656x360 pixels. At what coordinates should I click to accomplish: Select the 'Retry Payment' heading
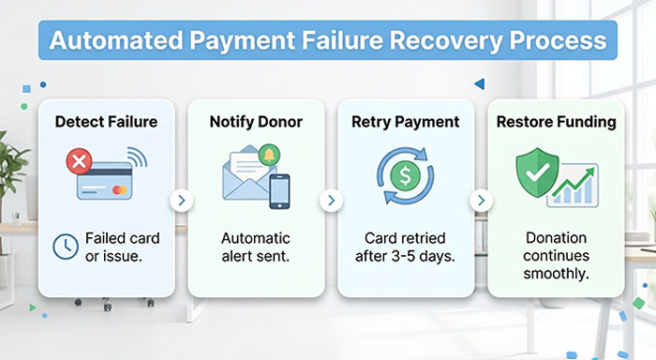[x=405, y=122]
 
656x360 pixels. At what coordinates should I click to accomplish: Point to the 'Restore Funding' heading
[x=557, y=122]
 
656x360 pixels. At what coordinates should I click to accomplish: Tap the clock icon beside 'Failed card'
[x=65, y=246]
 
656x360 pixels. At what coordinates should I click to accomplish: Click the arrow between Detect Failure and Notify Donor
[x=181, y=200]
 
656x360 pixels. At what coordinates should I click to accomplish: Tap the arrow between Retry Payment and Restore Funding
[x=481, y=200]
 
